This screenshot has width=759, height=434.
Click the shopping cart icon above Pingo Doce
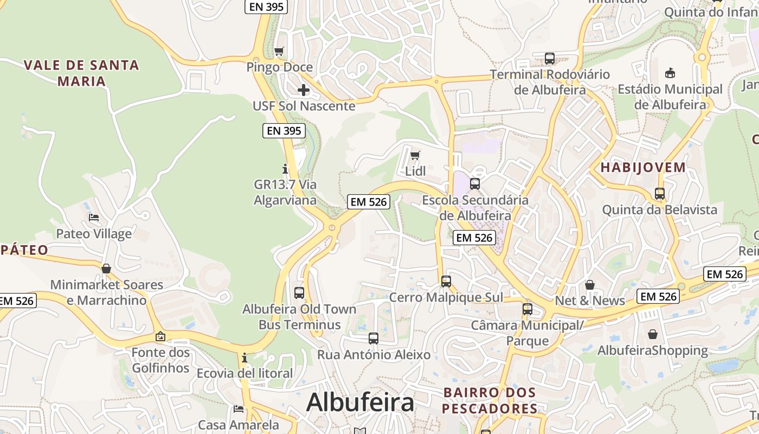pos(279,52)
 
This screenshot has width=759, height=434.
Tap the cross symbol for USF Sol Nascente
pos(304,90)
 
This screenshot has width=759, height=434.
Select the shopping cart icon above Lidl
pos(415,156)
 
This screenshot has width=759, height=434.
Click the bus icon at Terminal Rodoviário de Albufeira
pos(550,59)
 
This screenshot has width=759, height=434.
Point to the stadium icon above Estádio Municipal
pos(670,73)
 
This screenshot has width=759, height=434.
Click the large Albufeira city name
pos(360,403)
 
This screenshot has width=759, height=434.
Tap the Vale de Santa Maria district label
pos(81,73)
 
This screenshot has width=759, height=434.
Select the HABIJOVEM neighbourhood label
pos(643,168)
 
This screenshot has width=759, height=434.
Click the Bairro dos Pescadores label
pos(490,400)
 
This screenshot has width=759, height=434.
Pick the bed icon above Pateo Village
pos(94,218)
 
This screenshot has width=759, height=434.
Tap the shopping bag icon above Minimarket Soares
pos(106,269)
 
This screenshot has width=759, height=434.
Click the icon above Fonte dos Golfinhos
pos(160,337)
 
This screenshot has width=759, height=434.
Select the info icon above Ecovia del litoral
pos(245,358)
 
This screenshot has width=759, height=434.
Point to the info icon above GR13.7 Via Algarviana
pos(285,169)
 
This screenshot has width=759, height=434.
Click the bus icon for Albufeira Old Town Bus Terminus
pos(299,293)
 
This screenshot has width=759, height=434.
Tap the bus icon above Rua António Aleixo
pos(374,339)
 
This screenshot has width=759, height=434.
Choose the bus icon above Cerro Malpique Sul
pos(446,282)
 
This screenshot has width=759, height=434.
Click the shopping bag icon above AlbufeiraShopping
pos(653,334)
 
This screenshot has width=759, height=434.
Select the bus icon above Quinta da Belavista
pos(660,194)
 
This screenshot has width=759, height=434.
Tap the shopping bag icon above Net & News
pos(590,285)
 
